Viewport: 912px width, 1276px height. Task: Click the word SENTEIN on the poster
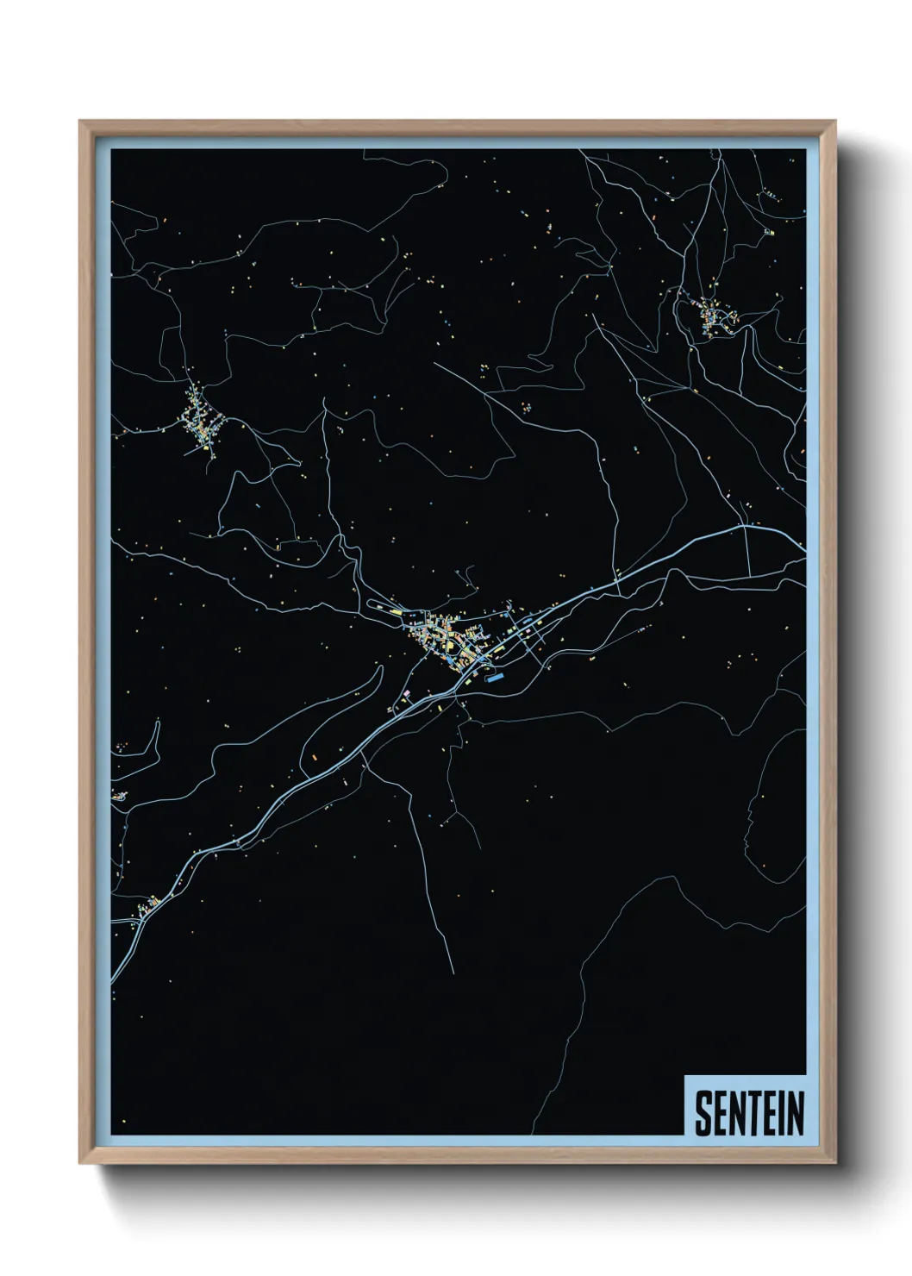[x=749, y=1113]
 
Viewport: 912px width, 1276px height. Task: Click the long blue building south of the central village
[x=494, y=678]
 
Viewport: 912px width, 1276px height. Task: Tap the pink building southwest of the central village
[x=406, y=692]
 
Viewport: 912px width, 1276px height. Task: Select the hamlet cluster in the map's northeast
[x=712, y=317]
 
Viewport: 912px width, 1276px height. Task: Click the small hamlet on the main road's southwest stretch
[x=149, y=904]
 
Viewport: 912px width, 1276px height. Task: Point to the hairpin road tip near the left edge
[x=159, y=722]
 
